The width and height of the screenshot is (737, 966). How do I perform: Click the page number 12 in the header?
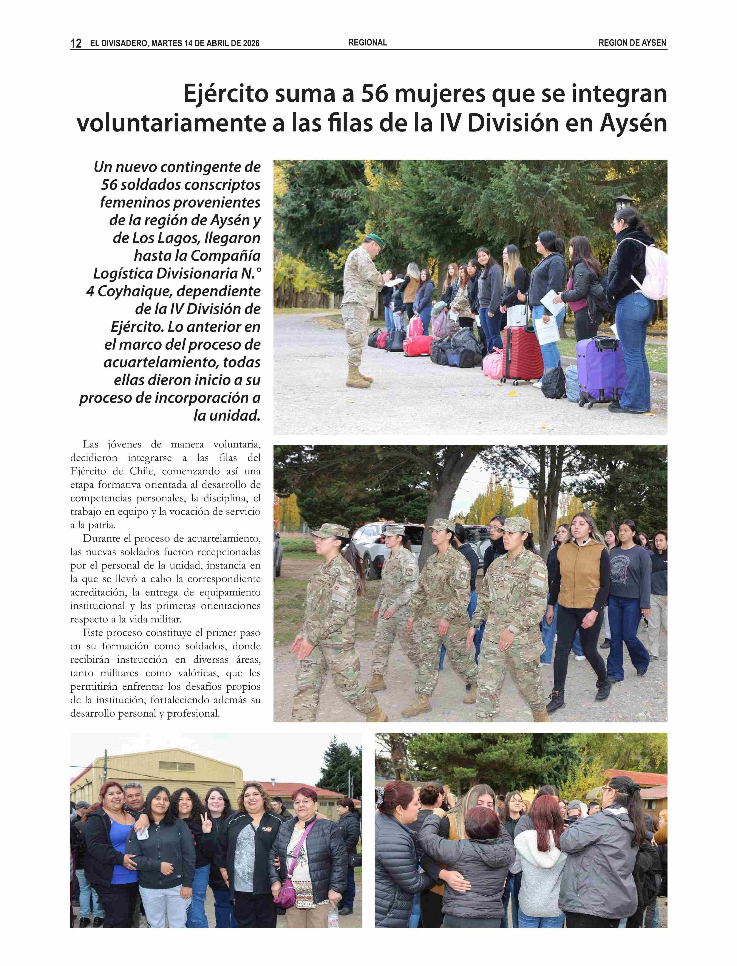(x=76, y=43)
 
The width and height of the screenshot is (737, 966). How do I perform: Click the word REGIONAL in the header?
(x=368, y=43)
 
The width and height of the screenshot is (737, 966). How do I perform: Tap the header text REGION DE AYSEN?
(x=632, y=43)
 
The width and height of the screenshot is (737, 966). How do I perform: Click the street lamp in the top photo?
(x=623, y=203)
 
